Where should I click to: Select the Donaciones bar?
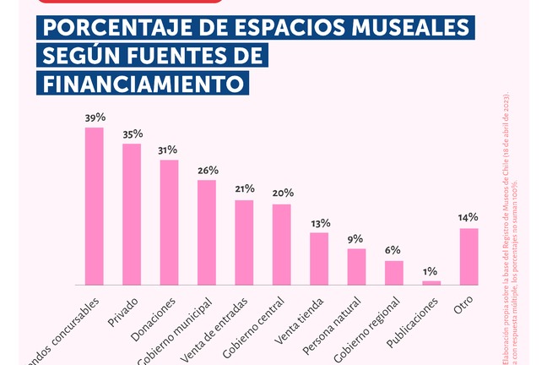coord(169,222)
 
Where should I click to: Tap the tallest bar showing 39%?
coord(94,206)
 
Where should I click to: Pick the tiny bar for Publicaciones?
coord(431,282)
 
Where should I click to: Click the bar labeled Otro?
coord(468,256)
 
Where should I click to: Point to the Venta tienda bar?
coord(319,259)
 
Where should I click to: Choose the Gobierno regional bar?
coord(394,272)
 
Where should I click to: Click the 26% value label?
coord(207,170)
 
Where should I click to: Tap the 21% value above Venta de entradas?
coord(245,189)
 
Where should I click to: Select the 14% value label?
coord(468,218)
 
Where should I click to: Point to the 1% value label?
coord(431,270)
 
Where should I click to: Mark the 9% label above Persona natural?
coord(357,238)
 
